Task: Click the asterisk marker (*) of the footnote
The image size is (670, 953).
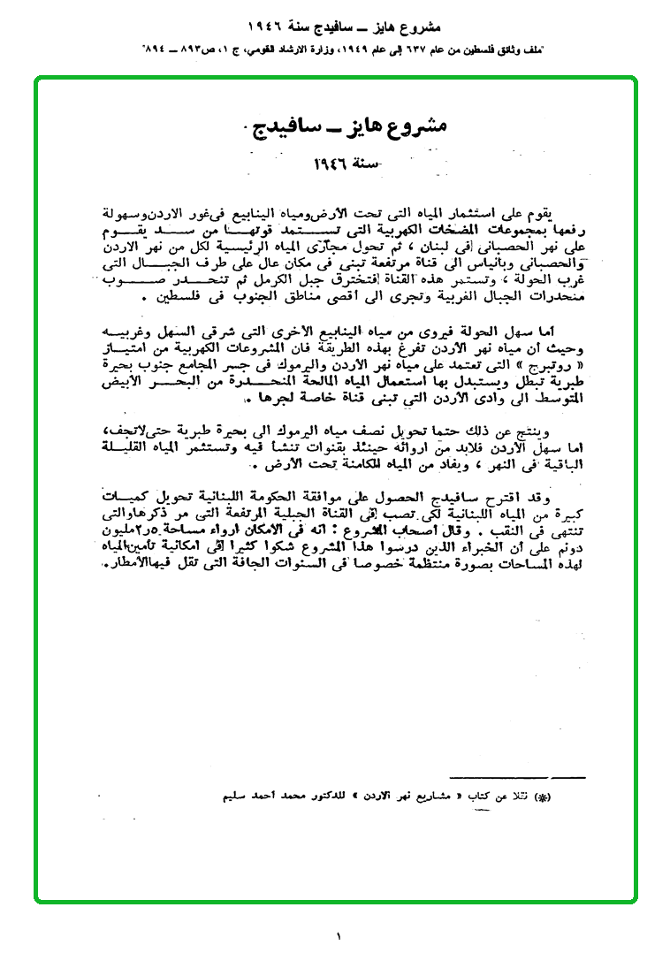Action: [544, 798]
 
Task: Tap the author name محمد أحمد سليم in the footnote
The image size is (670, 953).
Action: [256, 797]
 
